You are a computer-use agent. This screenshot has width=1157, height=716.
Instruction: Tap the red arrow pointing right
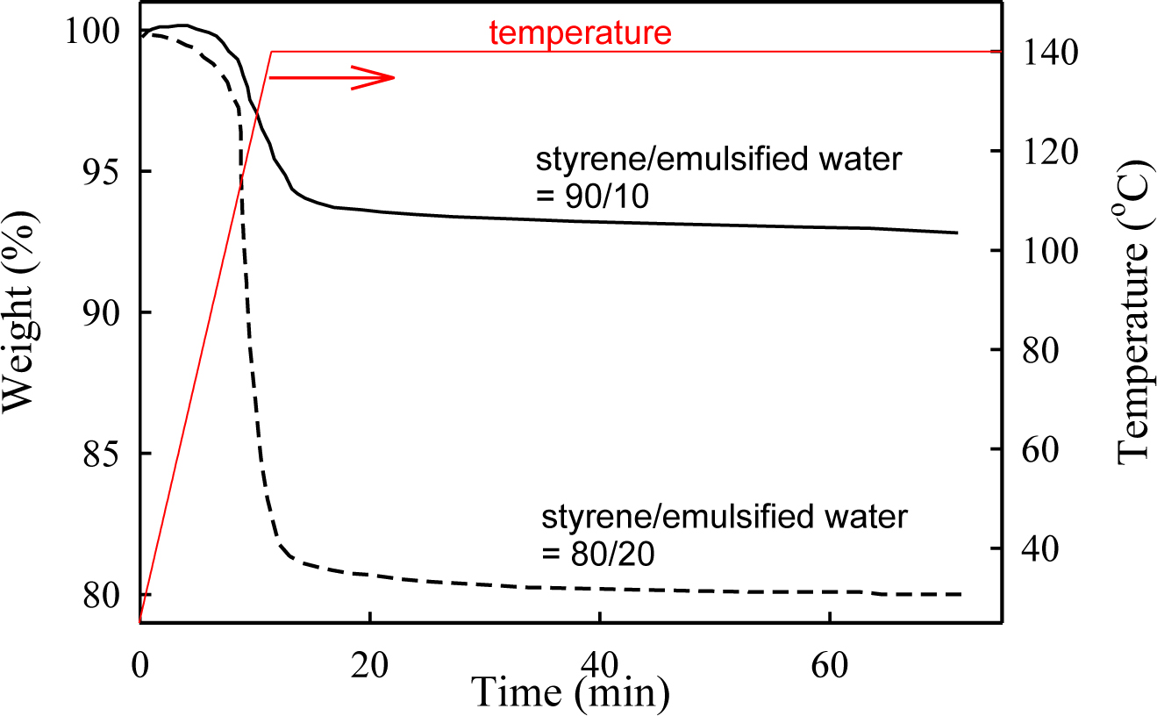click(332, 78)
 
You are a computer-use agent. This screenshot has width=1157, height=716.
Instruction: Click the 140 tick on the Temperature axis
click(1041, 53)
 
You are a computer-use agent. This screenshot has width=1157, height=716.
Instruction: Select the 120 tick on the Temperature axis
click(1041, 152)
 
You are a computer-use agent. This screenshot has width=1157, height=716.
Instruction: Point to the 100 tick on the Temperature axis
click(1041, 251)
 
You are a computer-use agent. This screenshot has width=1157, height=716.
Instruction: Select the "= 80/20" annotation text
click(599, 553)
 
